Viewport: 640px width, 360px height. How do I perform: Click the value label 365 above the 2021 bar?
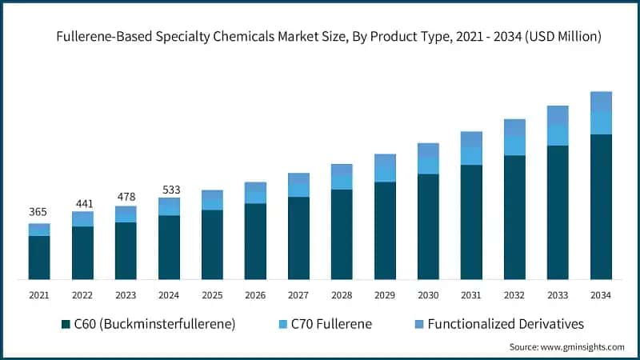[38, 212]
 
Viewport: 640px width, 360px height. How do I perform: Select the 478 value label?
[125, 196]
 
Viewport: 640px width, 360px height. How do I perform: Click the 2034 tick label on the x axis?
[601, 295]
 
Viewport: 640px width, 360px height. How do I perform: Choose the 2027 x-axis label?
[298, 295]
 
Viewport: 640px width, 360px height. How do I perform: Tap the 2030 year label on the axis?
[428, 295]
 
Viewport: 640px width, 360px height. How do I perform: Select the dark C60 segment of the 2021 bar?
[38, 258]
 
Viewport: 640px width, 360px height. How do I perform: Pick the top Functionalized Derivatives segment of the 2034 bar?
[601, 102]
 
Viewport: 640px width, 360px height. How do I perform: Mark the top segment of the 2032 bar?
[514, 127]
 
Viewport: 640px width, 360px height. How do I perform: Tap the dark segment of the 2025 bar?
[212, 244]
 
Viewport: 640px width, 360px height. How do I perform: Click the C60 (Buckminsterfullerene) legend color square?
[66, 325]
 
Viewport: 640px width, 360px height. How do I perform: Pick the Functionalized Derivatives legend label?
[506, 325]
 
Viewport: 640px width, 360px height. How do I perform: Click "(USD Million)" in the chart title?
[559, 36]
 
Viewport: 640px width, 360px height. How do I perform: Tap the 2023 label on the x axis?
[125, 295]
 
